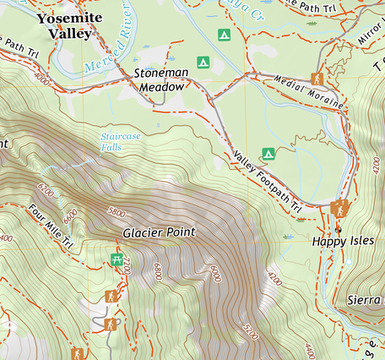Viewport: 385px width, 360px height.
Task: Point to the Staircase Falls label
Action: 117,141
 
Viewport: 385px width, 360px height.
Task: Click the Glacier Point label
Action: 159,232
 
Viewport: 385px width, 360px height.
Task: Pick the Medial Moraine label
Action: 310,92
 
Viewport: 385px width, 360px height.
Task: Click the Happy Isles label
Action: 341,242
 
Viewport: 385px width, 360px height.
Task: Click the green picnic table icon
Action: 117,259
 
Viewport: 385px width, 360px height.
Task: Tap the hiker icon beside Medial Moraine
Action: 317,79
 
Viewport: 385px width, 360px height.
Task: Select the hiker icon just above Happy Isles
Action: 340,209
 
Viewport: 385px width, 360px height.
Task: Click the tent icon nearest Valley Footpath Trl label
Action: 268,153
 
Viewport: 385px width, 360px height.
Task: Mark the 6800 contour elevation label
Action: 157,272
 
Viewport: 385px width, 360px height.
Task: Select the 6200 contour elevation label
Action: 46,193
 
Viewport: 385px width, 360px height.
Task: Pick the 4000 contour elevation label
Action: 41,79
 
